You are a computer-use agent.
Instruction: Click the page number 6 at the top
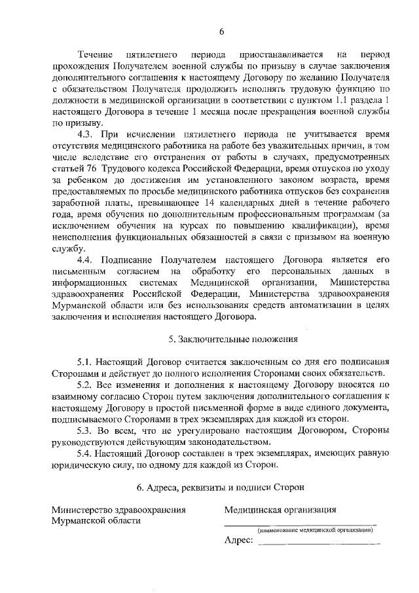(221, 31)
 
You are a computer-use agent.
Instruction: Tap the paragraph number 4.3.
(86, 134)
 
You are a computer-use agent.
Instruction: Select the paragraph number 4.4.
(86, 259)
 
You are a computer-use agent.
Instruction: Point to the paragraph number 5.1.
(86, 362)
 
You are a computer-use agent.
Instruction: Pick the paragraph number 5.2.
(86, 384)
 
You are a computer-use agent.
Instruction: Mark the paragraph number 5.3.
(86, 429)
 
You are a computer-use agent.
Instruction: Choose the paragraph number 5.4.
(86, 452)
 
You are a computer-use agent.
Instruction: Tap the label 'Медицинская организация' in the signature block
(280, 508)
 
